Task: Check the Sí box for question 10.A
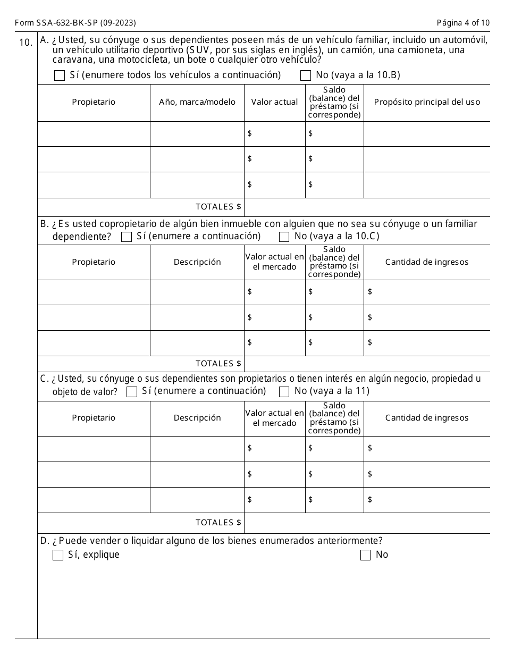[x=60, y=76]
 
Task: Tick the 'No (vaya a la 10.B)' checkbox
[x=306, y=76]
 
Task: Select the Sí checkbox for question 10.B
[x=127, y=237]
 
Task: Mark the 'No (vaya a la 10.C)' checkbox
[x=284, y=237]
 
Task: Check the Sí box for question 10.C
[x=132, y=392]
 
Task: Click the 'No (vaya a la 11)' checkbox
[x=284, y=392]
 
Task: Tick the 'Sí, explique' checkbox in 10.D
[x=58, y=555]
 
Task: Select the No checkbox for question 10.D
[x=365, y=555]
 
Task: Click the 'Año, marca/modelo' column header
[x=197, y=102]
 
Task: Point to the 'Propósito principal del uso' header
[x=427, y=102]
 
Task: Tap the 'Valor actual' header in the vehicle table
[x=275, y=102]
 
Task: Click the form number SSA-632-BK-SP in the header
[x=75, y=23]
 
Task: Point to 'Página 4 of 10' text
[x=463, y=23]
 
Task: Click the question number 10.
[x=26, y=43]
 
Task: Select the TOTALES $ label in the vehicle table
[x=218, y=207]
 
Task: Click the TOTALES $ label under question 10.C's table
[x=218, y=523]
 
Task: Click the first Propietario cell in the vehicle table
[x=94, y=133]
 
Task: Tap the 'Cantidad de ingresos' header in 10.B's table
[x=427, y=262]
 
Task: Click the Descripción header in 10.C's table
[x=197, y=418]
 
